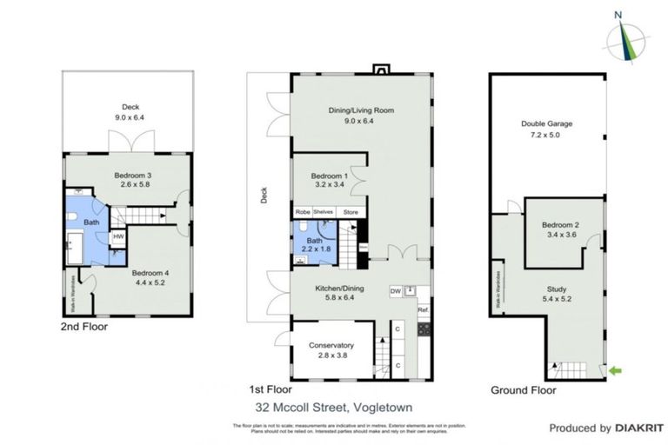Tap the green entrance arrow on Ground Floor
pyautogui.click(x=617, y=372)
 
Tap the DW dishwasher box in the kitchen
pyautogui.click(x=395, y=291)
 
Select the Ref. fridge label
pyautogui.click(x=423, y=309)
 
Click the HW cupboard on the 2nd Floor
pyautogui.click(x=118, y=236)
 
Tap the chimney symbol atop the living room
pyautogui.click(x=380, y=68)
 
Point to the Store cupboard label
pyautogui.click(x=351, y=211)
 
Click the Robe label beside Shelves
pyautogui.click(x=302, y=211)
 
